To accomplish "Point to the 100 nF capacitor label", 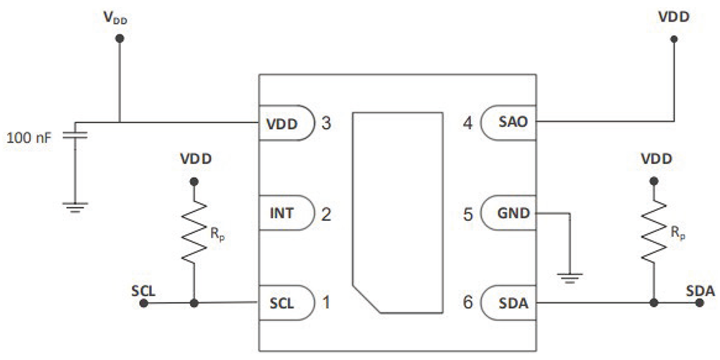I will (x=28, y=136).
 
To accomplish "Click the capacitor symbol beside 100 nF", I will (x=74, y=135).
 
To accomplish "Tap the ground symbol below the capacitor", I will (x=74, y=207).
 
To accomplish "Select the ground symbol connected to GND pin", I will (x=571, y=277).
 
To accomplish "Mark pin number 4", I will (x=468, y=122).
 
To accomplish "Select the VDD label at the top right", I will (x=674, y=16).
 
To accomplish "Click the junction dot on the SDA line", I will (x=654, y=303).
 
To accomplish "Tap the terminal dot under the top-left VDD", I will (x=120, y=40).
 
